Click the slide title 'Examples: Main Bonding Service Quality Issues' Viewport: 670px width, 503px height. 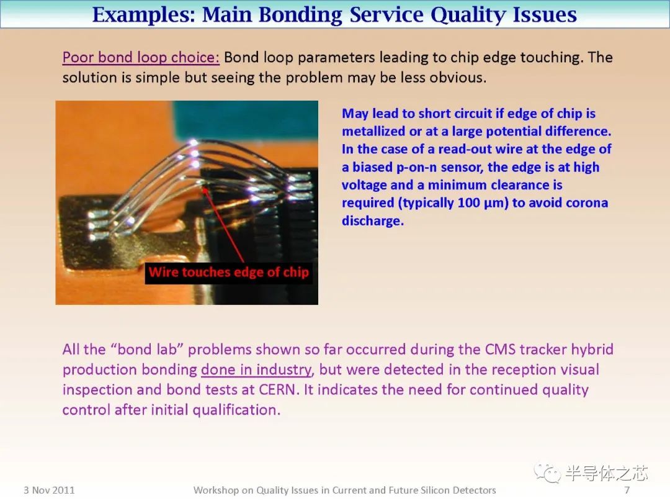(x=334, y=14)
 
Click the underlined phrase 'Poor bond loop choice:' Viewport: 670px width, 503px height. (x=141, y=58)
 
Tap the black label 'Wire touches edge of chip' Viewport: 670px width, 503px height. (x=228, y=272)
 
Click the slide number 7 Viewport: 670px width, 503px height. (x=627, y=490)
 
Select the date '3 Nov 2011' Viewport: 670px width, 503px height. (x=49, y=490)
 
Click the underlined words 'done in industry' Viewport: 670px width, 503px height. (x=256, y=370)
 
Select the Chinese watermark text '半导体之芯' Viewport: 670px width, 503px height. (x=606, y=473)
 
